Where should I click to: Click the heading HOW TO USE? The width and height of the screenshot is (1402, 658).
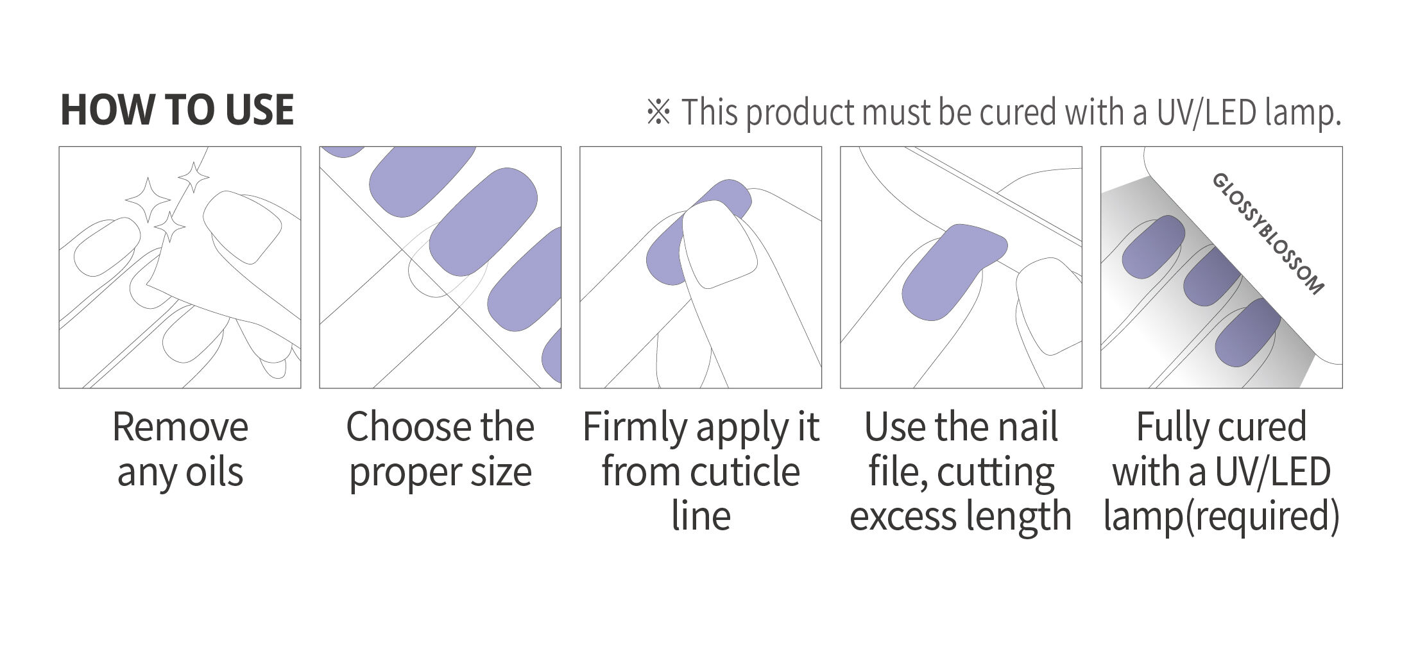pyautogui.click(x=177, y=110)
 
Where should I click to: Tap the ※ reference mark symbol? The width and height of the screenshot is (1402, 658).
pyautogui.click(x=658, y=112)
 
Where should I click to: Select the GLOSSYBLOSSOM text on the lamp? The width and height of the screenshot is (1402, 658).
pyautogui.click(x=1268, y=234)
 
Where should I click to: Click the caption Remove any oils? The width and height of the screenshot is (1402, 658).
pyautogui.click(x=180, y=449)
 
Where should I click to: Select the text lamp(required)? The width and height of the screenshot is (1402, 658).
pyautogui.click(x=1221, y=517)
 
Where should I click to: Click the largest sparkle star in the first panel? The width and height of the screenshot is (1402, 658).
pyautogui.click(x=148, y=200)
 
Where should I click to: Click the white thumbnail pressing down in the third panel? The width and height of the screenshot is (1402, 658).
pyautogui.click(x=718, y=243)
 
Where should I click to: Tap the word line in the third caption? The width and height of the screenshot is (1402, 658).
pyautogui.click(x=701, y=516)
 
